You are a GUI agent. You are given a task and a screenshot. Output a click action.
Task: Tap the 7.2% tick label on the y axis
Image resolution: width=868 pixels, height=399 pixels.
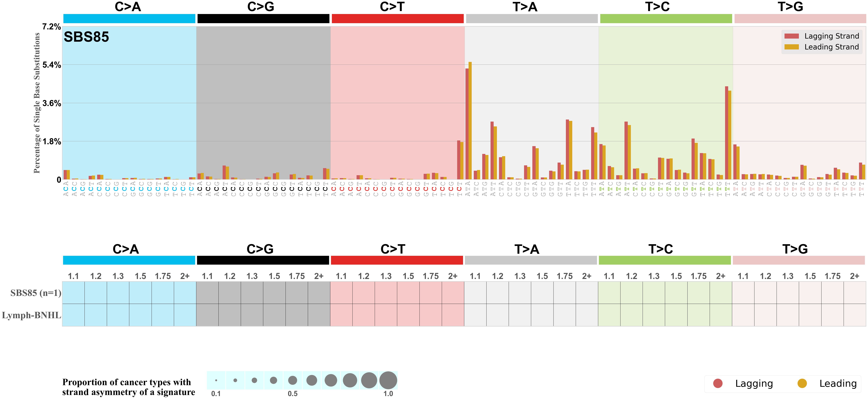tap(51, 27)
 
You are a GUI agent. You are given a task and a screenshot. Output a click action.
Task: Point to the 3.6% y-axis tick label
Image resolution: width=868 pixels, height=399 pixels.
tap(51, 103)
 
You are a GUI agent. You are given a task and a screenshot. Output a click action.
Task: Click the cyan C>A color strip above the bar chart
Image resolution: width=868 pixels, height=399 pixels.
tap(129, 19)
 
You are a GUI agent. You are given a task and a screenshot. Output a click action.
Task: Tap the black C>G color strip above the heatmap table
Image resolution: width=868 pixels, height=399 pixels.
tap(263, 260)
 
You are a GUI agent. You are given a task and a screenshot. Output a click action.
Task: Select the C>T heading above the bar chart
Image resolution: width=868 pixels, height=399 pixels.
tap(392, 7)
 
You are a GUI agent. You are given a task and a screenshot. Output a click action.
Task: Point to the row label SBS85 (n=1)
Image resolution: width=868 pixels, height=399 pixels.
tap(36, 293)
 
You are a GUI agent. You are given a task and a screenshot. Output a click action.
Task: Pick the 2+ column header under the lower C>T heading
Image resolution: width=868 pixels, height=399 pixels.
tap(452, 276)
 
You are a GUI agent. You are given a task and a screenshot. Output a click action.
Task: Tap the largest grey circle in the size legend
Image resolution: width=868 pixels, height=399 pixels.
tap(388, 380)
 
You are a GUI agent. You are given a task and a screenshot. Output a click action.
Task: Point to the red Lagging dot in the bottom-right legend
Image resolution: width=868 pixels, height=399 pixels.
tap(718, 383)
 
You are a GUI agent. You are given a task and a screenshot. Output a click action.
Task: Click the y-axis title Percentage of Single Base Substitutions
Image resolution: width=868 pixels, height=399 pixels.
tap(37, 103)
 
